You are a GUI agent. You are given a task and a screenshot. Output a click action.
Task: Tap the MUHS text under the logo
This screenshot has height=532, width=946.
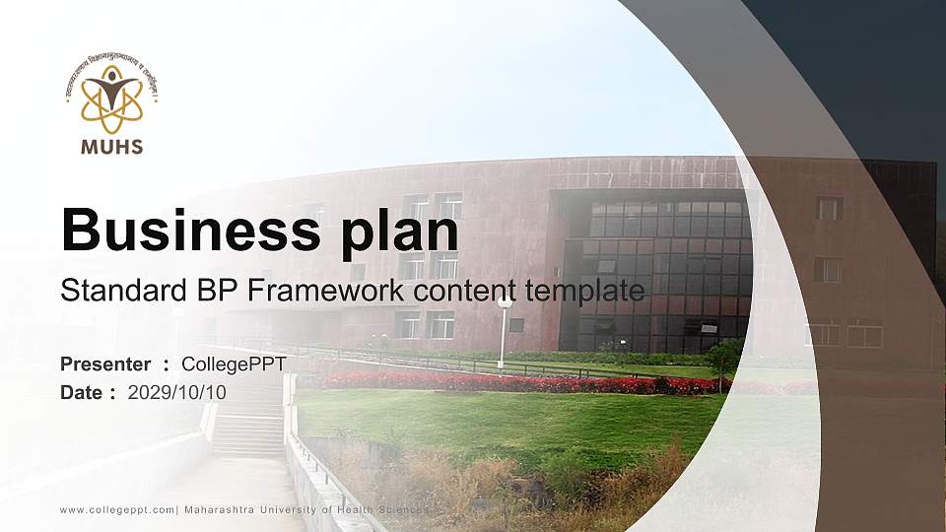[x=111, y=148]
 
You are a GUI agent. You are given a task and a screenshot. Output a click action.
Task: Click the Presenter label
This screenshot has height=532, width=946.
[x=105, y=365]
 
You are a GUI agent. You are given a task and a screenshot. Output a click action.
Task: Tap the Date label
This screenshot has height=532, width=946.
[x=82, y=392]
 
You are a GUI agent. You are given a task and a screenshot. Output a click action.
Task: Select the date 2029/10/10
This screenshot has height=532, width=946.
[x=177, y=392]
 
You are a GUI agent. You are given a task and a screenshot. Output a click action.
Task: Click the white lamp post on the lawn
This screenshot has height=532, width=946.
[x=504, y=330]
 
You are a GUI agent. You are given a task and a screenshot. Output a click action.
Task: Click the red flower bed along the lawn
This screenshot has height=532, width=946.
[x=512, y=382]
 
